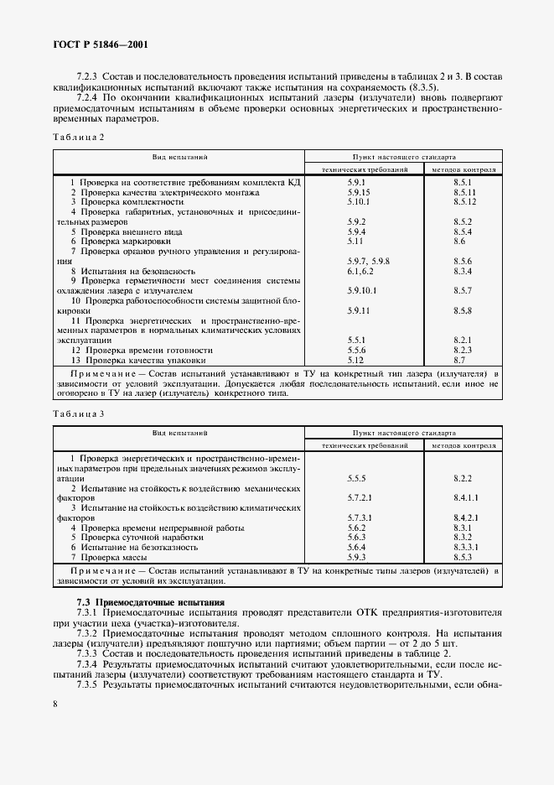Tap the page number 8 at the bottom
click(x=55, y=704)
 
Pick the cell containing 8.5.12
click(x=464, y=202)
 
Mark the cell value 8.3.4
click(x=463, y=272)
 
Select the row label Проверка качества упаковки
click(x=138, y=360)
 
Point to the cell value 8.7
click(x=459, y=360)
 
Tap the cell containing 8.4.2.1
click(x=465, y=517)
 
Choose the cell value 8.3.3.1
click(x=465, y=547)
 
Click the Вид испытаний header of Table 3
click(x=179, y=433)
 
